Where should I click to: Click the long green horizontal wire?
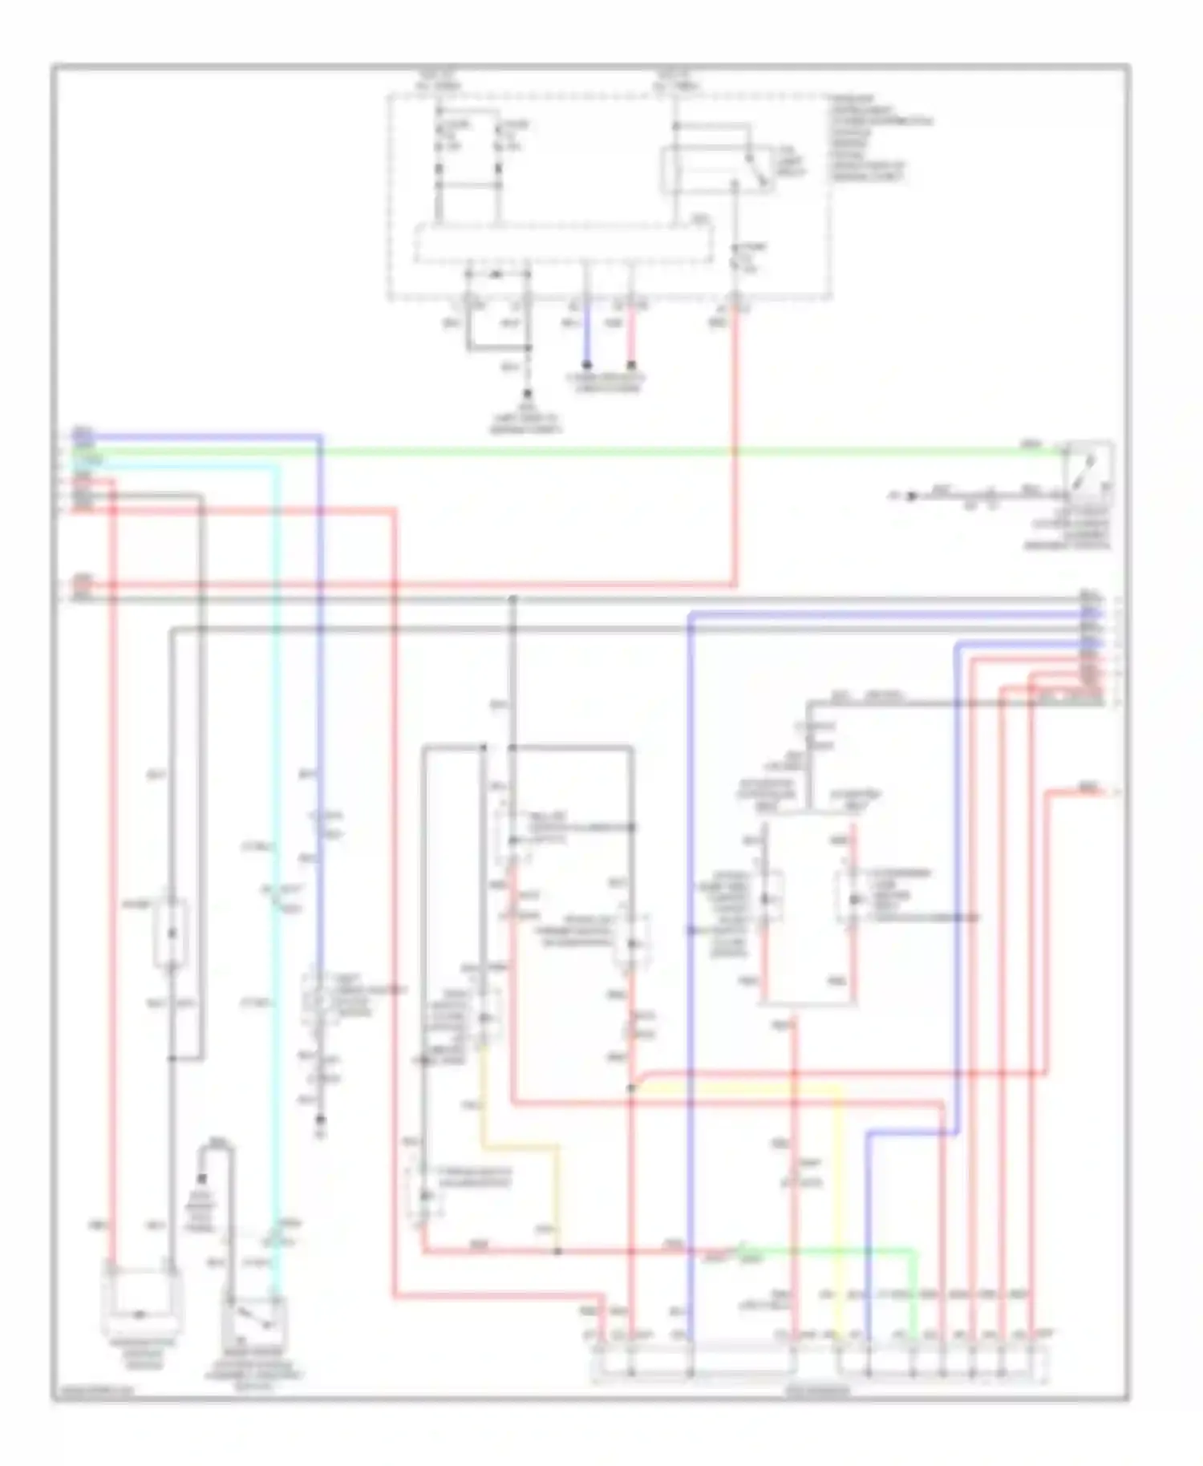tap(642, 452)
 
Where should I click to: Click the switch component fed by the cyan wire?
tap(255, 1321)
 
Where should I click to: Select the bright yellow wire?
tap(839, 1187)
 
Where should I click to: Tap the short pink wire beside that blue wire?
tap(632, 333)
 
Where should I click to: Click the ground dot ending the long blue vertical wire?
tap(320, 1120)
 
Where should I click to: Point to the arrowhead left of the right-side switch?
tap(910, 496)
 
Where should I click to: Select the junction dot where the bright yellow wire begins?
tap(631, 1089)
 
